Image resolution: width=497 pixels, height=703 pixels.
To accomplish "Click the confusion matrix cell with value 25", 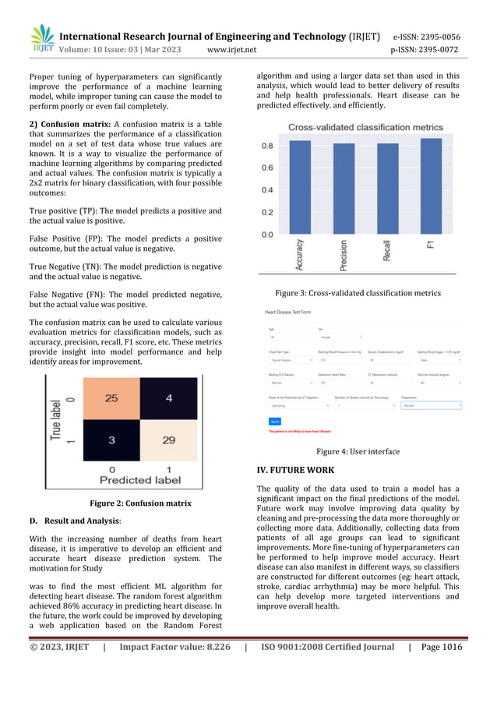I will (x=111, y=398).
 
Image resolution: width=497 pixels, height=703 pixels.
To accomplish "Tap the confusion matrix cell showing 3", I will (x=111, y=440).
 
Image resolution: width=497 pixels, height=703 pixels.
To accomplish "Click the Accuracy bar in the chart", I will (x=300, y=187).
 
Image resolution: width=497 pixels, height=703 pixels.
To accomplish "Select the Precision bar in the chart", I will (x=344, y=189).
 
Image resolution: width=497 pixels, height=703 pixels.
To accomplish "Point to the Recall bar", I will (x=387, y=189).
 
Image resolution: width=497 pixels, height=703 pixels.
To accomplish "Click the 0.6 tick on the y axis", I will (x=266, y=168).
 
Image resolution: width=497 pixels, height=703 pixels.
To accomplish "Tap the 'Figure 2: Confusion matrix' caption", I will (x=140, y=503).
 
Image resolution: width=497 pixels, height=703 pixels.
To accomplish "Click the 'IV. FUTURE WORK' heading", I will (x=295, y=470).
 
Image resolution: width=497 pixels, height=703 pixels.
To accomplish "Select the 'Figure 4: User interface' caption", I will (x=358, y=451).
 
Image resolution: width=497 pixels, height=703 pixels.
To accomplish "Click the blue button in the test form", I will (x=274, y=420).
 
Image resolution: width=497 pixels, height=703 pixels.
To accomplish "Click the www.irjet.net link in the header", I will (x=232, y=51).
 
